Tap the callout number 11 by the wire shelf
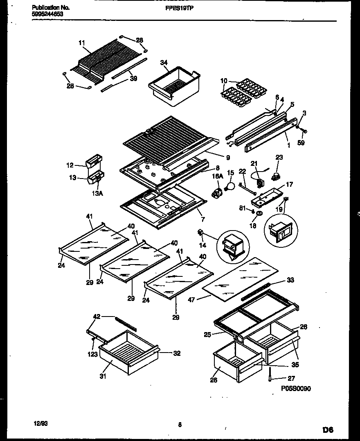[81, 42]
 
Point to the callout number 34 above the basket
[164, 62]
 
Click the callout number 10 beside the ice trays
[224, 81]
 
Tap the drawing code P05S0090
[296, 388]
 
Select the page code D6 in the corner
[328, 430]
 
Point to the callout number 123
[93, 354]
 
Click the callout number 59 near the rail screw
[301, 143]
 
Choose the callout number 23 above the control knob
[279, 157]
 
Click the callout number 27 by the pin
[291, 378]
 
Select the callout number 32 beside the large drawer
[177, 353]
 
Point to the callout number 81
[242, 209]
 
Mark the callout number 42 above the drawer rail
[97, 316]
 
